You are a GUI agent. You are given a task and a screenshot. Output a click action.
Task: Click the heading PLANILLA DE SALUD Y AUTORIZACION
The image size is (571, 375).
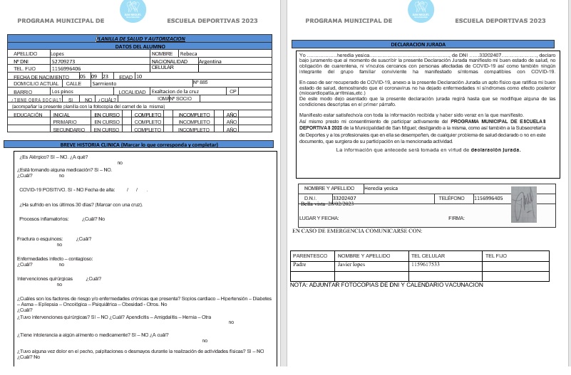click(x=140, y=38)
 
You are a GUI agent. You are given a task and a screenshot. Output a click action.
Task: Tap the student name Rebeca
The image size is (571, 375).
click(x=189, y=53)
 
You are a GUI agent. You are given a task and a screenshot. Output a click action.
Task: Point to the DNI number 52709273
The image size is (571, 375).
click(x=63, y=61)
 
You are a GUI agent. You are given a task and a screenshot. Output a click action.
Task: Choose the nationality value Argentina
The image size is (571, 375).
click(x=212, y=61)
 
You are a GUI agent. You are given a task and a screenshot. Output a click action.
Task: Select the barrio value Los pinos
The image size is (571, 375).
click(x=62, y=92)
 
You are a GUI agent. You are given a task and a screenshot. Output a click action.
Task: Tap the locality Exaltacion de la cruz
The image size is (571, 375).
click(x=175, y=91)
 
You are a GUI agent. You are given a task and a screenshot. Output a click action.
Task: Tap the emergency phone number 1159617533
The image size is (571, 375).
click(x=426, y=264)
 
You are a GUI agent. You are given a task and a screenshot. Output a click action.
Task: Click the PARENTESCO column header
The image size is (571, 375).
click(x=311, y=255)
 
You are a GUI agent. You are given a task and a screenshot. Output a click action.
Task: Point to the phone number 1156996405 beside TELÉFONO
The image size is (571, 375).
click(x=488, y=198)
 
